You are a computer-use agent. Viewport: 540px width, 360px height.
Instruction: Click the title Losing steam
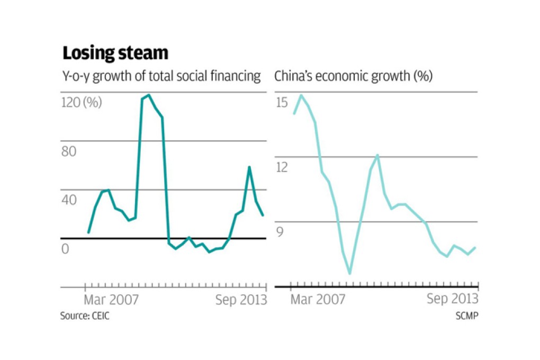[115, 53]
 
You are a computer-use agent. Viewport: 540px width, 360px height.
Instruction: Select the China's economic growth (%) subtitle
[353, 76]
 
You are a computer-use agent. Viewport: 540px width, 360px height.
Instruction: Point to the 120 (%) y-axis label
[82, 102]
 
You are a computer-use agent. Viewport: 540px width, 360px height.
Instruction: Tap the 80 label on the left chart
[69, 151]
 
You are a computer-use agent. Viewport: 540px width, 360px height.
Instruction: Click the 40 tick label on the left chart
[69, 200]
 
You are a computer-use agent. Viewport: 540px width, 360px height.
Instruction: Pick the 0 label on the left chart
[66, 248]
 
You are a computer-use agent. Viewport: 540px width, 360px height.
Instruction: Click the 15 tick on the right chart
[281, 102]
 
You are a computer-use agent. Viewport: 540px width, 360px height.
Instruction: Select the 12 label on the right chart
[281, 167]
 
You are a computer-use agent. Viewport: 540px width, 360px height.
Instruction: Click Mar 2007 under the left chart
[111, 300]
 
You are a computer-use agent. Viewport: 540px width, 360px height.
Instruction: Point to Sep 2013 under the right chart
[453, 299]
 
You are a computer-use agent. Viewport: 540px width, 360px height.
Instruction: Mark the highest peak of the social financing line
[149, 95]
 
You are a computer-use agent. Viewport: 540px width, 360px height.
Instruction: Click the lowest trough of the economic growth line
[350, 273]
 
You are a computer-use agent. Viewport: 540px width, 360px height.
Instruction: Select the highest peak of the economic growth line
[301, 95]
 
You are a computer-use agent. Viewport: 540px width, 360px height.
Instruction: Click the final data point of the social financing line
[263, 215]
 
